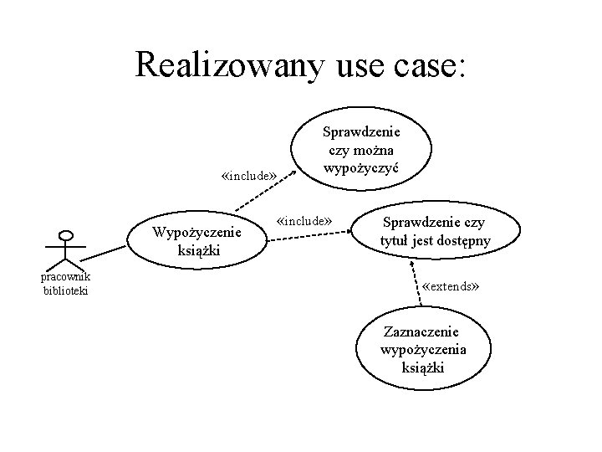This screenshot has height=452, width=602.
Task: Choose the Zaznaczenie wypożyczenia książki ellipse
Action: [x=423, y=351]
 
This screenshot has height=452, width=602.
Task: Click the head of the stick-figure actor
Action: [x=67, y=237]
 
